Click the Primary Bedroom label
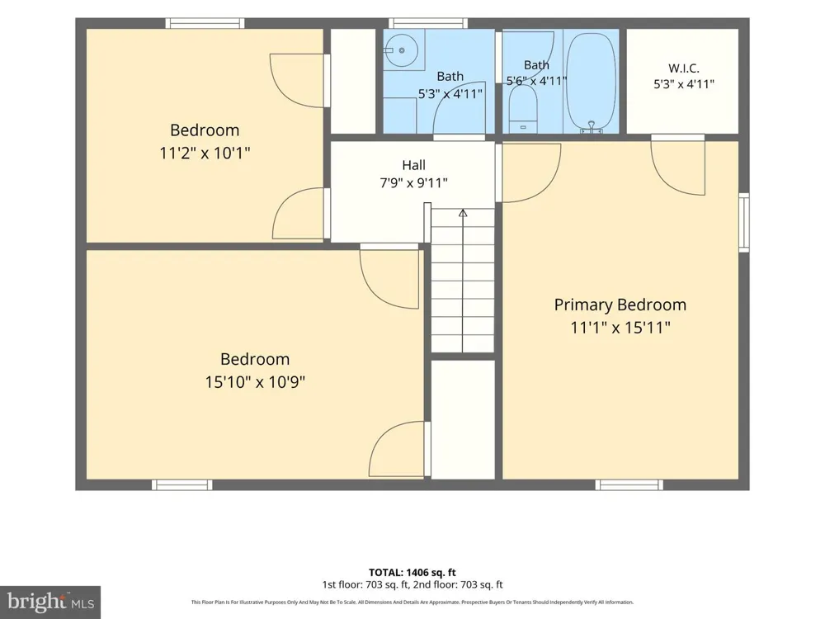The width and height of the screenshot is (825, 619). tap(620, 305)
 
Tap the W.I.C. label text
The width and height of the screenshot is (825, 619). tap(683, 69)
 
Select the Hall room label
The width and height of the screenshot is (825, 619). tap(413, 165)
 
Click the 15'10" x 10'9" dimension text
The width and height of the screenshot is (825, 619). tap(255, 381)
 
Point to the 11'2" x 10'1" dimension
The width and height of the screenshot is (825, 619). tap(205, 154)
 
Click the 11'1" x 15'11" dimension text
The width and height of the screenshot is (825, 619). tap(620, 328)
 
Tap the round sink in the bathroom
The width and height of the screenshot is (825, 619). tap(401, 50)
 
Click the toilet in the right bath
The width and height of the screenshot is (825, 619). tap(523, 109)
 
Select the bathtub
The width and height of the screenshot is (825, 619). tap(591, 82)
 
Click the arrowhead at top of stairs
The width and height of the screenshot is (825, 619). tap(463, 213)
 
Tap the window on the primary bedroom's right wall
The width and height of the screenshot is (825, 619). tap(744, 222)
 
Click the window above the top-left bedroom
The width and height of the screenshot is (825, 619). tap(205, 23)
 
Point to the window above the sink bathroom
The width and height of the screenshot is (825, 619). tap(427, 23)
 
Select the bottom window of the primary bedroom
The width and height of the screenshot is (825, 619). tap(629, 484)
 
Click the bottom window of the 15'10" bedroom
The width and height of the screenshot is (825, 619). tap(182, 484)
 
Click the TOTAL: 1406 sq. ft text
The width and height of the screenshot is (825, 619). tap(412, 573)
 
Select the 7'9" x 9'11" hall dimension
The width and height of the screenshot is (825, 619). tap(413, 183)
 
